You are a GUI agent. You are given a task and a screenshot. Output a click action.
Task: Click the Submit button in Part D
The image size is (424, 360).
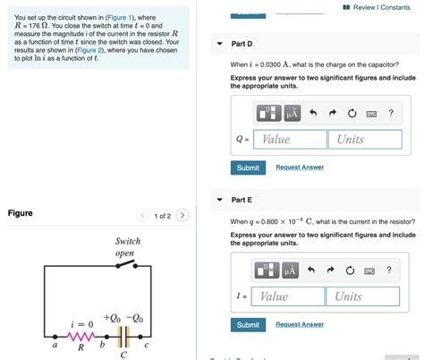click(x=248, y=167)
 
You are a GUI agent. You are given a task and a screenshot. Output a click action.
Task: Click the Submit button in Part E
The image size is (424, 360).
click(x=248, y=324)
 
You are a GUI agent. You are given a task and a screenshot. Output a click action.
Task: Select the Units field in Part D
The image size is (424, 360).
click(x=365, y=140)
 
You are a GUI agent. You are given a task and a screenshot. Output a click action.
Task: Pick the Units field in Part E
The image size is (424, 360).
click(x=365, y=296)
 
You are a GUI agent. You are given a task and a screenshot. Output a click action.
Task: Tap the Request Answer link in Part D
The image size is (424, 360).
click(x=300, y=167)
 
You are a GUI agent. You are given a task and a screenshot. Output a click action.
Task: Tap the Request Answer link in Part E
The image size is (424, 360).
click(x=300, y=324)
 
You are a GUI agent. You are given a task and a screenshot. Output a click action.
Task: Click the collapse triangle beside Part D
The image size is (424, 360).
click(x=220, y=44)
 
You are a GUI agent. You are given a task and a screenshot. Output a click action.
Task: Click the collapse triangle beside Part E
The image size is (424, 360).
click(x=220, y=200)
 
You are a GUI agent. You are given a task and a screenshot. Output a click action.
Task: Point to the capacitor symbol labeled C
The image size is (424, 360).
click(x=124, y=335)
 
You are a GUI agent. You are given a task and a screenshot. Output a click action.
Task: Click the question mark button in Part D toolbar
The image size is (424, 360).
click(x=390, y=113)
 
